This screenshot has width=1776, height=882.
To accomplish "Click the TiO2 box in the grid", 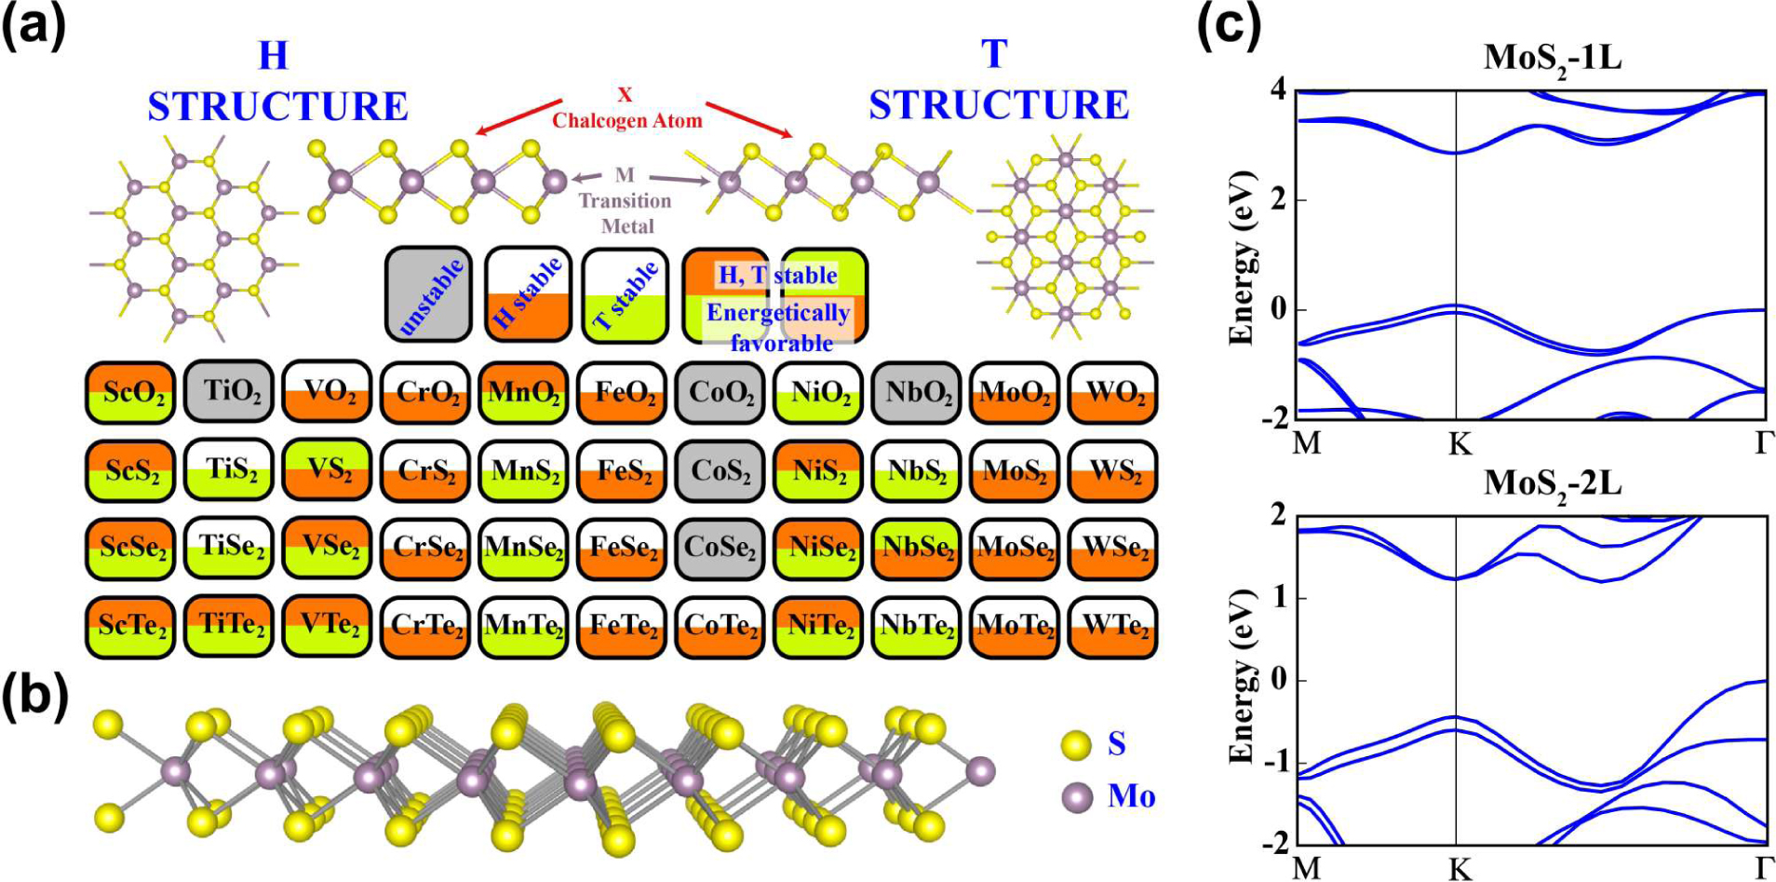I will coord(233,392).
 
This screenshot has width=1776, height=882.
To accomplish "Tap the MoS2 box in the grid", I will coord(1015,470).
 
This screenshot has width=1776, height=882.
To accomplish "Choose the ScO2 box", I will coord(132,392).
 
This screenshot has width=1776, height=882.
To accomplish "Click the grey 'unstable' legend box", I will coord(428,294).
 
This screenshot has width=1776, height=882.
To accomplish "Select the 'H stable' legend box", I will coord(527,294).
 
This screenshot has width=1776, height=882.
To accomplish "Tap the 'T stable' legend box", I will coord(626,294).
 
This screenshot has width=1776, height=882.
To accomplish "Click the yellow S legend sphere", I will coord(1076,745).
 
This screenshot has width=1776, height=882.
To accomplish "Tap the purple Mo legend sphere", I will coord(1077,797).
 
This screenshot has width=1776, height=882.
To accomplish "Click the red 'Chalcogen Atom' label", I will coord(626,120).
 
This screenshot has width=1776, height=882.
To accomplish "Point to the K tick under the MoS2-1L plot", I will coord(1459,444).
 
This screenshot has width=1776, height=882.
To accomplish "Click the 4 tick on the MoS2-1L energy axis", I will coord(1278,90).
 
